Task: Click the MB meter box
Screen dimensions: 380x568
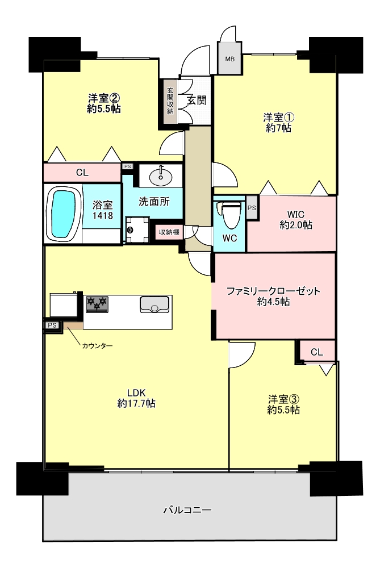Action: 229,58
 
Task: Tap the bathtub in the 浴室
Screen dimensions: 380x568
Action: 64,214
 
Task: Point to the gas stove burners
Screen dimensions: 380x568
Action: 97,303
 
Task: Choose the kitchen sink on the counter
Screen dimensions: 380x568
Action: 154,304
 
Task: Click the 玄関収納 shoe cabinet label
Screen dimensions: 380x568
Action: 170,102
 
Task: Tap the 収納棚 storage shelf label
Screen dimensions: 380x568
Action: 169,232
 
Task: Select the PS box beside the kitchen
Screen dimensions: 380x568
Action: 52,325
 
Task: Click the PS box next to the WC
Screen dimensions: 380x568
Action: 252,207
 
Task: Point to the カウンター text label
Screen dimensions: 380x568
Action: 97,345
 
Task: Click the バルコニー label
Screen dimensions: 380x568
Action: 187,510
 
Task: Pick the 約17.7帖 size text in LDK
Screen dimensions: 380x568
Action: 136,403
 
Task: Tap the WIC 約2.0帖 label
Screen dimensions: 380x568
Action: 295,219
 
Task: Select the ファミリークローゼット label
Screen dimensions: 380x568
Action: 273,291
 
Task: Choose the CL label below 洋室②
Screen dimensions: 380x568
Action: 82,173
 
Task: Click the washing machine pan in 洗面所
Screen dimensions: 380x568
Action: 137,229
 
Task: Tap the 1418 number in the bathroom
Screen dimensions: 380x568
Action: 102,215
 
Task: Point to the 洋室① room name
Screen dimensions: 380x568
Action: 278,118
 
